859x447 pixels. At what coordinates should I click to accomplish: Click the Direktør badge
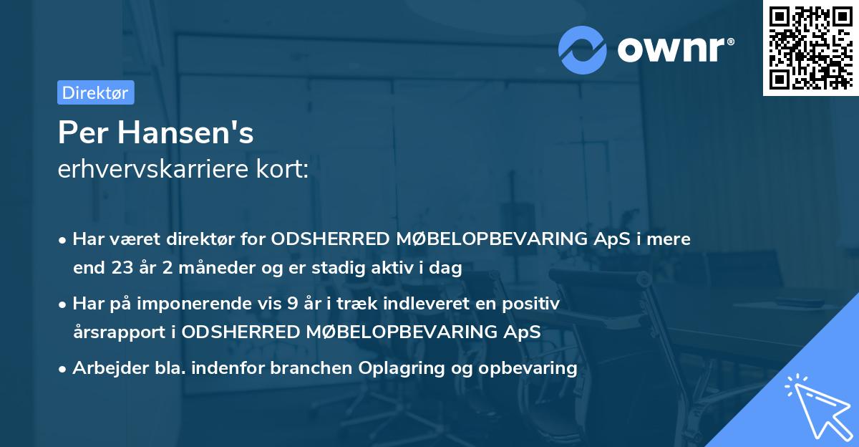coord(95,92)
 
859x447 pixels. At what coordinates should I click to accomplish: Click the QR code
coord(810,47)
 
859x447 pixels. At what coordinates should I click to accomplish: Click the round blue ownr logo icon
coord(583,49)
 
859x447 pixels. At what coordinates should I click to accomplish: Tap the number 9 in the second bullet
coord(292,303)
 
